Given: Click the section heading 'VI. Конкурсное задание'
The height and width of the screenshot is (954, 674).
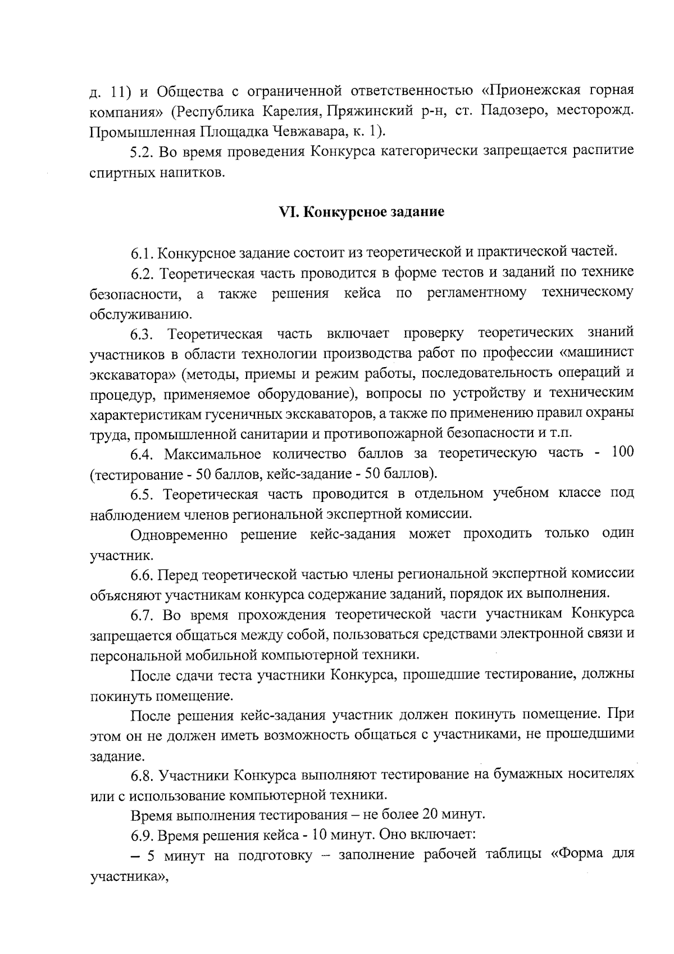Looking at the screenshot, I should [x=362, y=212].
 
